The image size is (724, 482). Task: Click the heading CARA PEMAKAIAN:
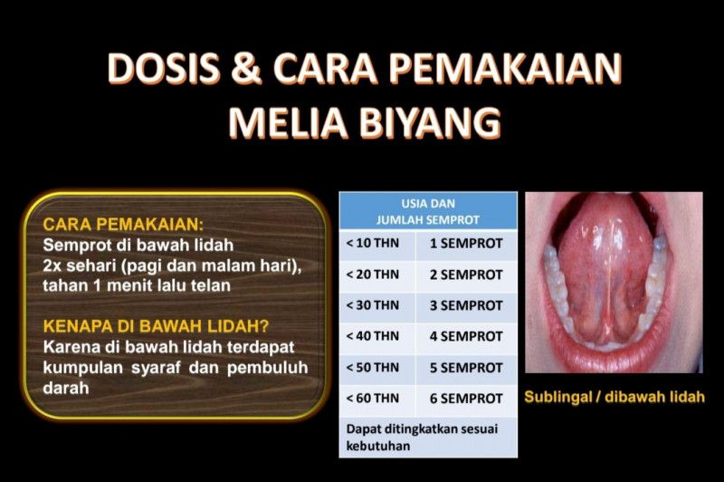pyautogui.click(x=123, y=224)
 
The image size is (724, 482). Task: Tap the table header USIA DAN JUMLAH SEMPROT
pyautogui.click(x=428, y=211)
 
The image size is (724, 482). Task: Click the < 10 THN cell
pyautogui.click(x=375, y=243)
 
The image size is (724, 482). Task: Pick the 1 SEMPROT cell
pyautogui.click(x=465, y=243)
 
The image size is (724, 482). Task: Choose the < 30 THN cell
pyautogui.click(x=375, y=305)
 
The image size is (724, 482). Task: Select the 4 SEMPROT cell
pyautogui.click(x=465, y=336)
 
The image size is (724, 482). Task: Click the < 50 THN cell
pyautogui.click(x=375, y=368)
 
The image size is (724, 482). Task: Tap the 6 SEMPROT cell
pyautogui.click(x=465, y=399)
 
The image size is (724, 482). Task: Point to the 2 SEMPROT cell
pyautogui.click(x=465, y=274)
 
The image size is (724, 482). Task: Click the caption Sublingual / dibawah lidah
pyautogui.click(x=614, y=397)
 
